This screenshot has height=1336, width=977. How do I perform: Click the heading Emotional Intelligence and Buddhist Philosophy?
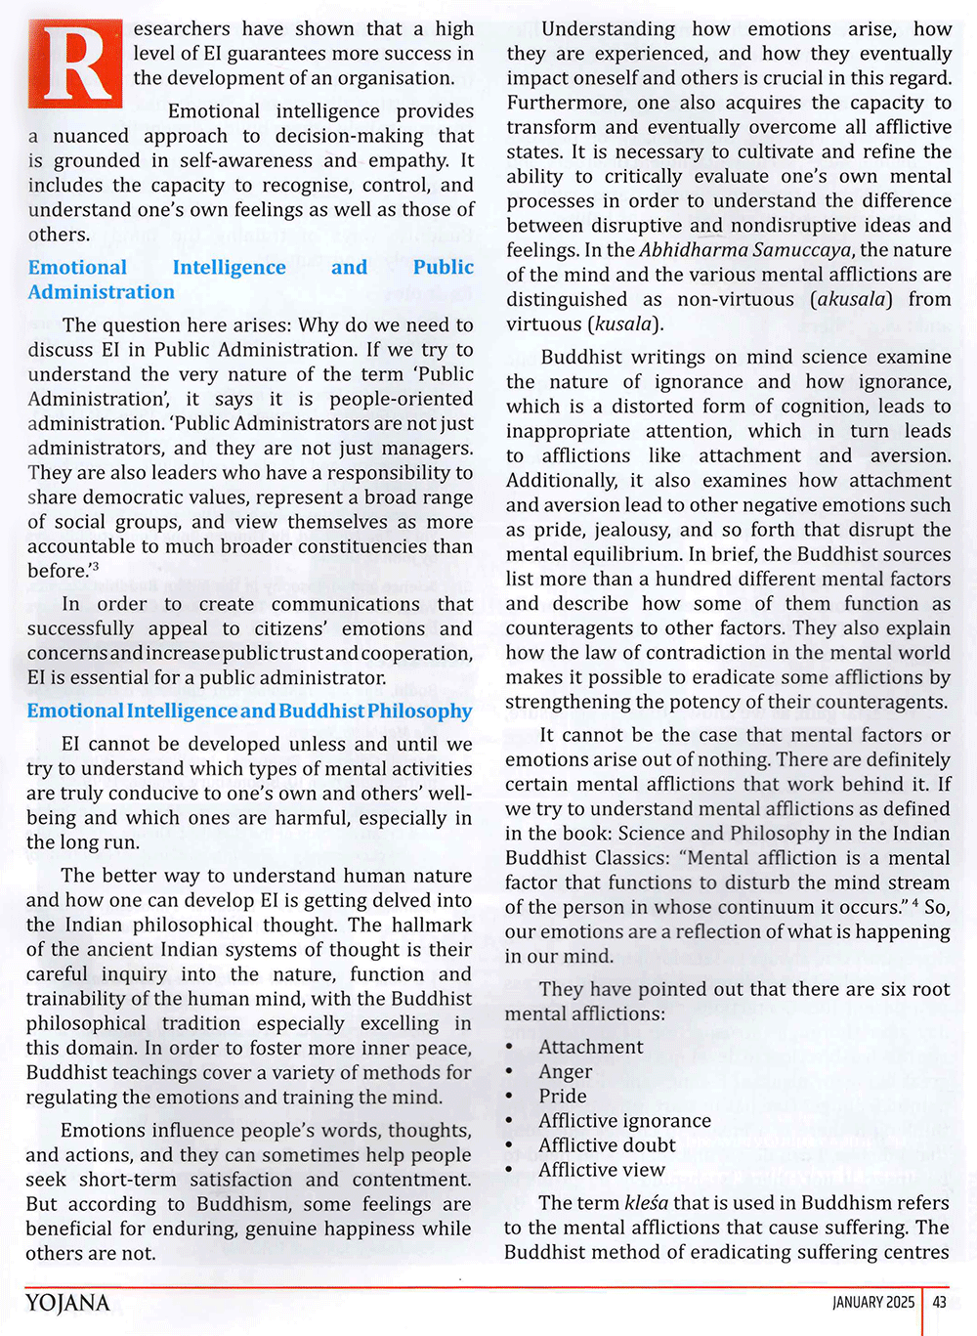(249, 711)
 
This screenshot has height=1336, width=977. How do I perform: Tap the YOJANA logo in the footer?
(67, 1303)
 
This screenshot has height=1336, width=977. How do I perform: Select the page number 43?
(940, 1302)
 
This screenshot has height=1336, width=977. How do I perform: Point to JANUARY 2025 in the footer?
(873, 1302)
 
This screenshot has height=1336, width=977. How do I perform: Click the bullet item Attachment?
(591, 1048)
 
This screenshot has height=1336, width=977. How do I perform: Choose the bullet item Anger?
(566, 1072)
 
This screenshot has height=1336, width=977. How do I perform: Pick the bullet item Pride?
(563, 1097)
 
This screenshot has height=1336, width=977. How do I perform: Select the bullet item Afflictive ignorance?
(624, 1121)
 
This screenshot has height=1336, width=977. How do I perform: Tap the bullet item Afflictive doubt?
(607, 1145)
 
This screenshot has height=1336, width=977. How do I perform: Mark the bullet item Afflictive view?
(602, 1170)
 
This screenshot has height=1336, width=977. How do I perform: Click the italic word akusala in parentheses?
(851, 299)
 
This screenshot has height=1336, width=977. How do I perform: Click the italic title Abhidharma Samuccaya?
(744, 250)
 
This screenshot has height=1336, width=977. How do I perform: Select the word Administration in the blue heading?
(102, 292)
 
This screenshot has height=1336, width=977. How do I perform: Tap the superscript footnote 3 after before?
(96, 566)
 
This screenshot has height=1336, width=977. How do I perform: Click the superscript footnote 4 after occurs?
(914, 903)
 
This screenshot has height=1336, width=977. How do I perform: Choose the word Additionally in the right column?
(562, 481)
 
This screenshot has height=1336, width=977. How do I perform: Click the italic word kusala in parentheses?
(623, 323)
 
